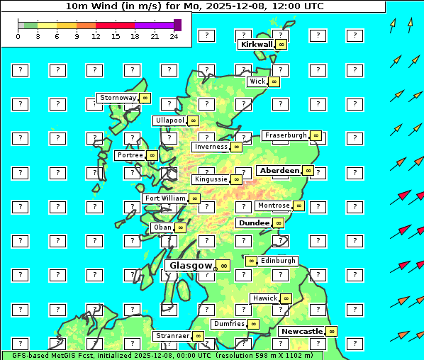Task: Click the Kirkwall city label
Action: click(x=256, y=44)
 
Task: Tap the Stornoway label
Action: click(x=118, y=98)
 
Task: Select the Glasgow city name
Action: click(x=191, y=265)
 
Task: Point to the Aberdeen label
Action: click(x=279, y=171)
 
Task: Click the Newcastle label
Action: click(x=302, y=331)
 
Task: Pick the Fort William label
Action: click(x=165, y=198)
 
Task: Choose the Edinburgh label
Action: click(x=278, y=261)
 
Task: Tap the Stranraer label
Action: click(x=172, y=336)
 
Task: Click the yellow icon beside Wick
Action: click(x=274, y=81)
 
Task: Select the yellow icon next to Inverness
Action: click(x=236, y=147)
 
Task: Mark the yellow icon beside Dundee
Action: click(x=279, y=223)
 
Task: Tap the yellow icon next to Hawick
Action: click(x=286, y=298)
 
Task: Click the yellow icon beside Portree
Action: click(x=152, y=154)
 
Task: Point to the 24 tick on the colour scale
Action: click(x=174, y=36)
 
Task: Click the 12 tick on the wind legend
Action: click(x=96, y=36)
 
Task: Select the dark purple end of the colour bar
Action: click(x=177, y=25)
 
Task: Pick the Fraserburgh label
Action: click(x=286, y=135)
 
